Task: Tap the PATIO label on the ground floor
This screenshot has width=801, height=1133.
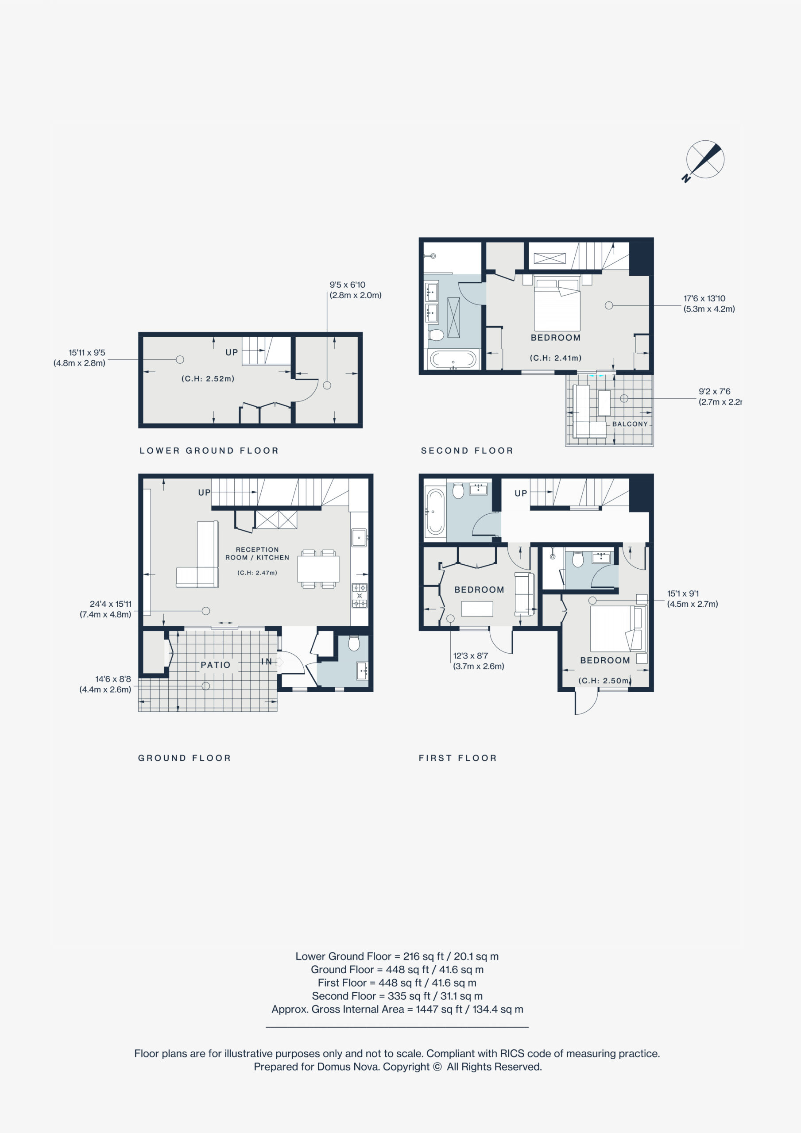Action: [x=215, y=665]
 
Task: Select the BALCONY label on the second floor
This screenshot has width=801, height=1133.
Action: [x=630, y=424]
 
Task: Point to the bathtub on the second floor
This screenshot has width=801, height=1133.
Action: [x=453, y=359]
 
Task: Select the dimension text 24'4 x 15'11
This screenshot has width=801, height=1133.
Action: [x=111, y=604]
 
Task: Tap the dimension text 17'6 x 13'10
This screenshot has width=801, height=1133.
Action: [x=704, y=299]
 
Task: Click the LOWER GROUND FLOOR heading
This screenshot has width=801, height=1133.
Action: [x=209, y=451]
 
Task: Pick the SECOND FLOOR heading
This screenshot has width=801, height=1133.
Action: [x=467, y=451]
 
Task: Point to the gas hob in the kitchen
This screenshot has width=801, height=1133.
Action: [x=359, y=596]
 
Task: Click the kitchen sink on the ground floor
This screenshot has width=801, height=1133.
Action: [x=359, y=537]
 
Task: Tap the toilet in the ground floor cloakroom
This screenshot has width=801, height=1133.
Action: [x=354, y=644]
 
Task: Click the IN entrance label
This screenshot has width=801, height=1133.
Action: [x=266, y=661]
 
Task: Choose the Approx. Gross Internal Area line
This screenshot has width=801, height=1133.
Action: [x=397, y=1009]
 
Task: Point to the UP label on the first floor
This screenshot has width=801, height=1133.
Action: [x=521, y=493]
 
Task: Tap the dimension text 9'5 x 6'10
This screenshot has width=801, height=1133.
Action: [x=348, y=285]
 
